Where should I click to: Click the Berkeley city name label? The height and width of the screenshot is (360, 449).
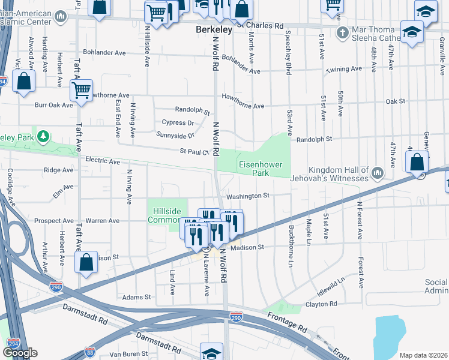[214, 29]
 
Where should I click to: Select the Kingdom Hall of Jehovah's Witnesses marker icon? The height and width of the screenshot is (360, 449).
[378, 174]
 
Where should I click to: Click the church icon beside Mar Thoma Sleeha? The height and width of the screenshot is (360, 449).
[342, 32]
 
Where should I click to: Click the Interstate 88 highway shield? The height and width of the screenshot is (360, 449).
[90, 352]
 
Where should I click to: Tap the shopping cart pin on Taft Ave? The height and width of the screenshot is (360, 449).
[81, 91]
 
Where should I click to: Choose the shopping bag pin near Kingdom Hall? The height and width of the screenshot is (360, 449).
[417, 162]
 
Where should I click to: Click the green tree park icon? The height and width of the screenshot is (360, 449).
[43, 137]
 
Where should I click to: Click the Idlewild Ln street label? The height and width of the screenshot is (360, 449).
[333, 286]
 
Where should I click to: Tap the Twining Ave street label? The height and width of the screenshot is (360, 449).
[343, 70]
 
